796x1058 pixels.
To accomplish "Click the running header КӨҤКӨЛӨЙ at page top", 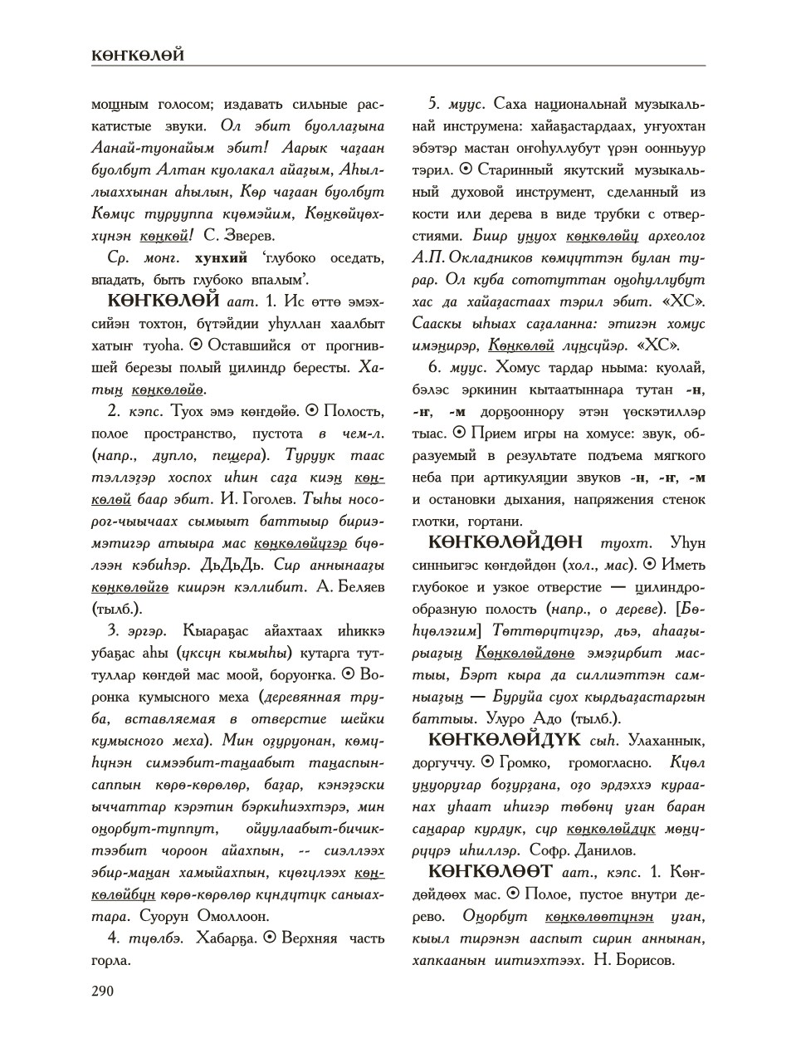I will tap(137, 56).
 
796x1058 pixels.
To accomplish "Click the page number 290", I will tap(103, 990).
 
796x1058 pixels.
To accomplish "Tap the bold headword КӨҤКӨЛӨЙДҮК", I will tap(508, 739).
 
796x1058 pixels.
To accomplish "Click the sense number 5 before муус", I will tap(433, 104).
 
